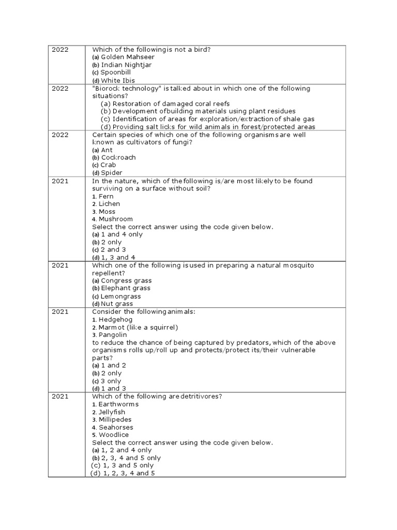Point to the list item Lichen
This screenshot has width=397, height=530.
point(109,204)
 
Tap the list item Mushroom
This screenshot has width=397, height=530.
point(115,219)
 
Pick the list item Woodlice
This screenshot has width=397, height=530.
point(114,435)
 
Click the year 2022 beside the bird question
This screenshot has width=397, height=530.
point(60,49)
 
